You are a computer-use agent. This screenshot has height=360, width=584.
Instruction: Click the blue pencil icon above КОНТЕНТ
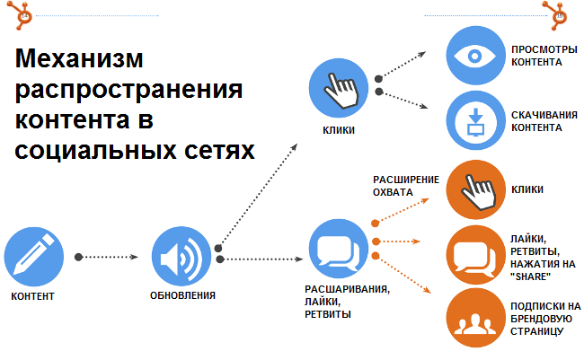click(33, 255)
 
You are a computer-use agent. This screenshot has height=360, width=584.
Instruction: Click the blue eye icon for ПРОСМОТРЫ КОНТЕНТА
click(474, 55)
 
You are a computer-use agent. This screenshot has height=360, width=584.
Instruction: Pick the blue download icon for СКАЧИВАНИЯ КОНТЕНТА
click(474, 120)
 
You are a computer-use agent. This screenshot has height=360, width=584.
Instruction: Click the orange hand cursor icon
click(474, 189)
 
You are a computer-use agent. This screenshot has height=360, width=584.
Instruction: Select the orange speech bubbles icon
click(474, 254)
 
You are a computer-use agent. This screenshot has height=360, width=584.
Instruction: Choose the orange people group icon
click(474, 319)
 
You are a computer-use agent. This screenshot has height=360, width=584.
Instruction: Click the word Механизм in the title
click(80, 61)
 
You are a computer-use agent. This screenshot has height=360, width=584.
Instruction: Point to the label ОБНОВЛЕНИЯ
click(182, 295)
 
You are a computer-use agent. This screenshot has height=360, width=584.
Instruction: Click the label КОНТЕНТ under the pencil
click(33, 295)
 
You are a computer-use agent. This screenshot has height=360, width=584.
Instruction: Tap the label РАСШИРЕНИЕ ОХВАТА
click(399, 185)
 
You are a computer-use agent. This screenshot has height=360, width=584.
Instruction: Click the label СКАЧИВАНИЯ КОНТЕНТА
click(537, 120)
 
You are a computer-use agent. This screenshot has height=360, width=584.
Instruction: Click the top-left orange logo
click(14, 13)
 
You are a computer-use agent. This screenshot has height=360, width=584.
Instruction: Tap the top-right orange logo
click(558, 13)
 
